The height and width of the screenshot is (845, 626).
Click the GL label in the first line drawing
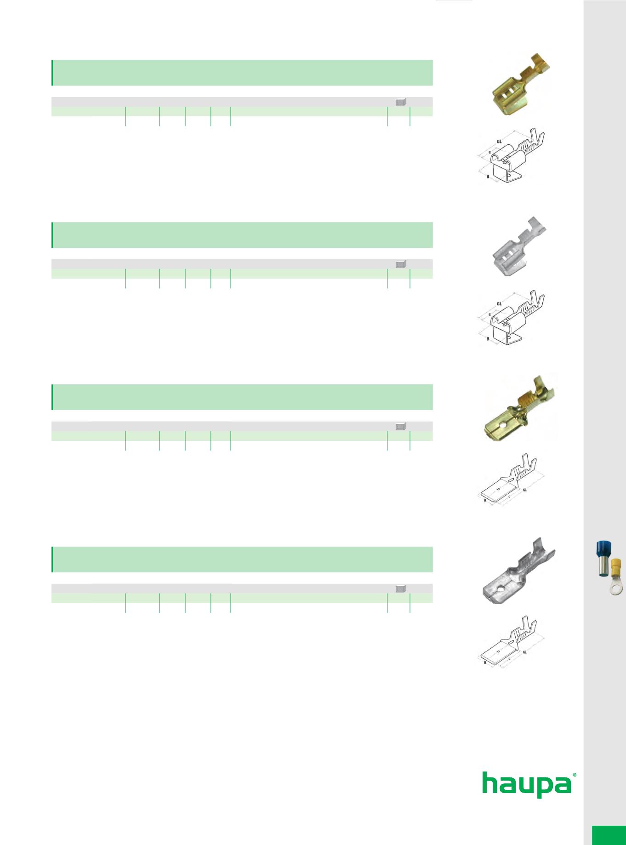499,141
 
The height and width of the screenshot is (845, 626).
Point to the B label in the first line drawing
487,176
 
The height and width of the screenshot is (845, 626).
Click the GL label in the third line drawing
525,490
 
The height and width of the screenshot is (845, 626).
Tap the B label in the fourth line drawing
485,662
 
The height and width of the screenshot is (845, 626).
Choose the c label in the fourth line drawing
509,659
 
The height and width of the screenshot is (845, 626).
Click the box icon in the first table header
401,102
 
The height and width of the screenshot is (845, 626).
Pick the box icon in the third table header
401,426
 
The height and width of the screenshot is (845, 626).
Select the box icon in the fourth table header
401,588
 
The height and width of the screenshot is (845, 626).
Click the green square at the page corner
609,835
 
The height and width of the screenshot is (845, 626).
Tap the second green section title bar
242,235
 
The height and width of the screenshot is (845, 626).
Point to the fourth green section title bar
242,560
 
